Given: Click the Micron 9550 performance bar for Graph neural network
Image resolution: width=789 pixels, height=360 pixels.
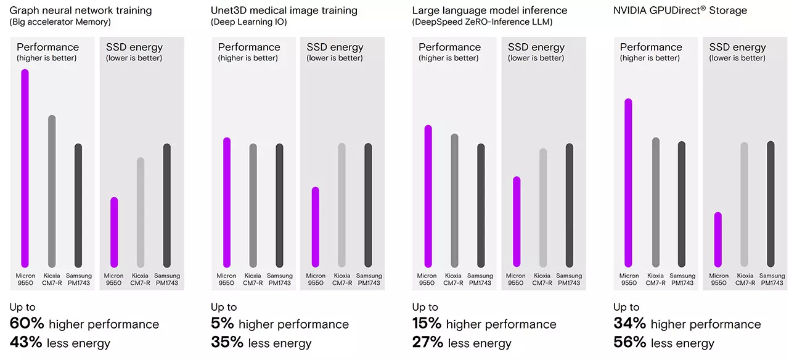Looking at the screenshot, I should (25, 168).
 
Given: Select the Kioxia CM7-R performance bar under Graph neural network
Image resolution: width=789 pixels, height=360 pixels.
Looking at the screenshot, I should (52, 191).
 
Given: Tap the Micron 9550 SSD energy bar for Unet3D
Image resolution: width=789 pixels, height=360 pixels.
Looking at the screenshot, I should (316, 227).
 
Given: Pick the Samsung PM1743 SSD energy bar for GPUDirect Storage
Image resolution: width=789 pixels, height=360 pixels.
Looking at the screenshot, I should (771, 204).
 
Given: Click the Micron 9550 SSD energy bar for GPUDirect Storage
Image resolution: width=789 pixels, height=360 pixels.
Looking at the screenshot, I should (717, 240).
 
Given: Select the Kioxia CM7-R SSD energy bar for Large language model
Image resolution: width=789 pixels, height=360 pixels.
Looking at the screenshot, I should (542, 208).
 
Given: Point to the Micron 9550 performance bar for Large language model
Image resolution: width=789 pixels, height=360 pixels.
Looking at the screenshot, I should (428, 196).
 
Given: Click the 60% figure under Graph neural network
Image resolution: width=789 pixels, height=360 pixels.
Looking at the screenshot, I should (27, 324).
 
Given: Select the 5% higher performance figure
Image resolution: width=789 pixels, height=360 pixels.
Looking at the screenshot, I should (222, 324).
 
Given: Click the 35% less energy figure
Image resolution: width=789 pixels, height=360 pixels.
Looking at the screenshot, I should (227, 343).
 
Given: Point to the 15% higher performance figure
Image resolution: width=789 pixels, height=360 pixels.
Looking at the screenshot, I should (427, 324).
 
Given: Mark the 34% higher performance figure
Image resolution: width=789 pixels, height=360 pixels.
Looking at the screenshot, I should (629, 324).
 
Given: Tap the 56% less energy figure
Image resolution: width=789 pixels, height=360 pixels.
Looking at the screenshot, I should (629, 343).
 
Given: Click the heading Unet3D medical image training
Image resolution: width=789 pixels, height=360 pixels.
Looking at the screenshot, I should (284, 10).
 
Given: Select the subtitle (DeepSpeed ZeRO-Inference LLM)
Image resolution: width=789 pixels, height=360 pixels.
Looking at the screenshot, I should (482, 22).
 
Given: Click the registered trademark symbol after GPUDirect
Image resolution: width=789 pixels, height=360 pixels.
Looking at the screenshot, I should (703, 8).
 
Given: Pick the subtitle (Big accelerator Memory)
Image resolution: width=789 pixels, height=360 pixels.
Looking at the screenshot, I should (60, 22).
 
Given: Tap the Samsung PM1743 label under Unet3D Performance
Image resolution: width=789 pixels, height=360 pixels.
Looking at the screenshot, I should (280, 279).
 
